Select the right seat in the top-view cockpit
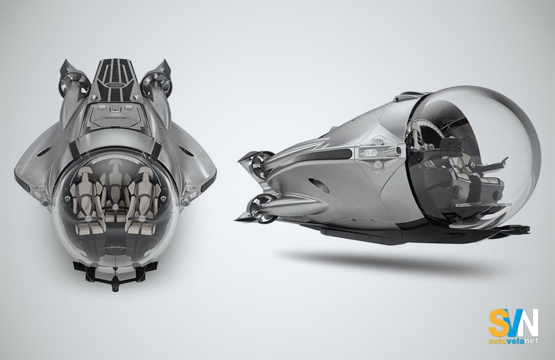click(140, 194)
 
